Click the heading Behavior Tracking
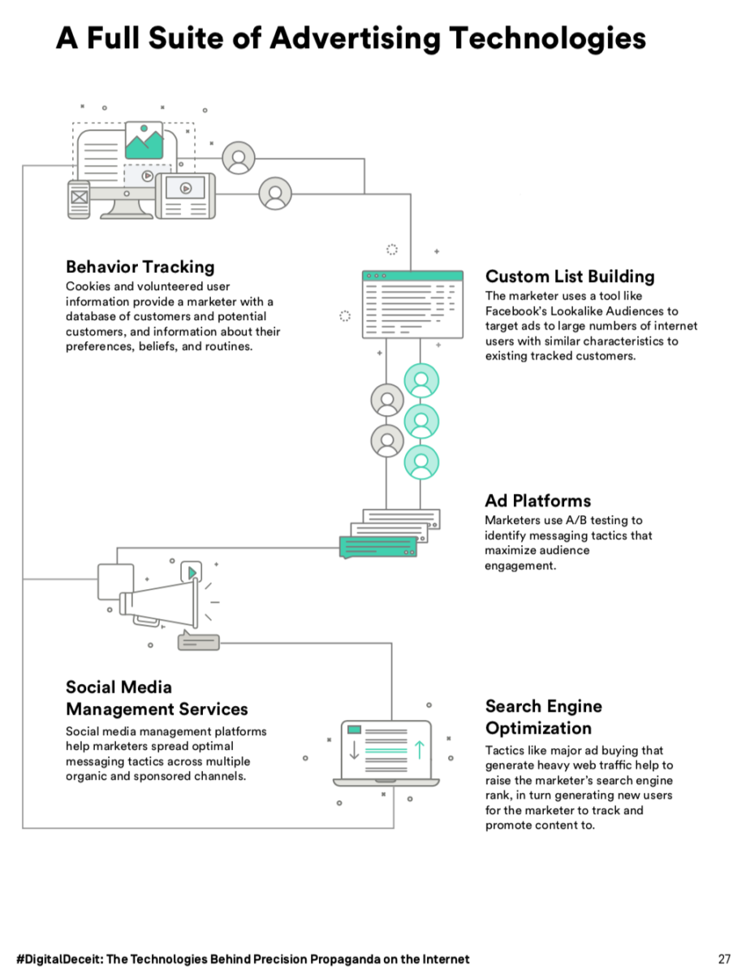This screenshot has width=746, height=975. click(x=140, y=266)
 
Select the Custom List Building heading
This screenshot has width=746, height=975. click(x=569, y=276)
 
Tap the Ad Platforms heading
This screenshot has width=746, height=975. click(x=537, y=500)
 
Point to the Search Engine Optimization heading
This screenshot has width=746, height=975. click(x=543, y=717)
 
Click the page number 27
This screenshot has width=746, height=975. click(x=725, y=959)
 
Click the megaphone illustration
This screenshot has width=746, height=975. click(x=158, y=602)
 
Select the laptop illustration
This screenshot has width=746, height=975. click(x=386, y=752)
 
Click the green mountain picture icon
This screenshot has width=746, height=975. click(x=144, y=141)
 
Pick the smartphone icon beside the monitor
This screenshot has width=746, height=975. click(x=79, y=198)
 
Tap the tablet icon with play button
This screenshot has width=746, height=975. click(x=185, y=195)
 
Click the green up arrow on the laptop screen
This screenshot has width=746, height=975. click(x=419, y=749)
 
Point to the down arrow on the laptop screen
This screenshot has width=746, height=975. click(x=354, y=749)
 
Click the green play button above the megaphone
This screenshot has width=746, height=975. click(x=192, y=572)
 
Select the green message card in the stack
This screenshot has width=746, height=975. click(x=377, y=547)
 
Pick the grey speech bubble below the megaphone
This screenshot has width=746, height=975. click(x=198, y=642)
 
